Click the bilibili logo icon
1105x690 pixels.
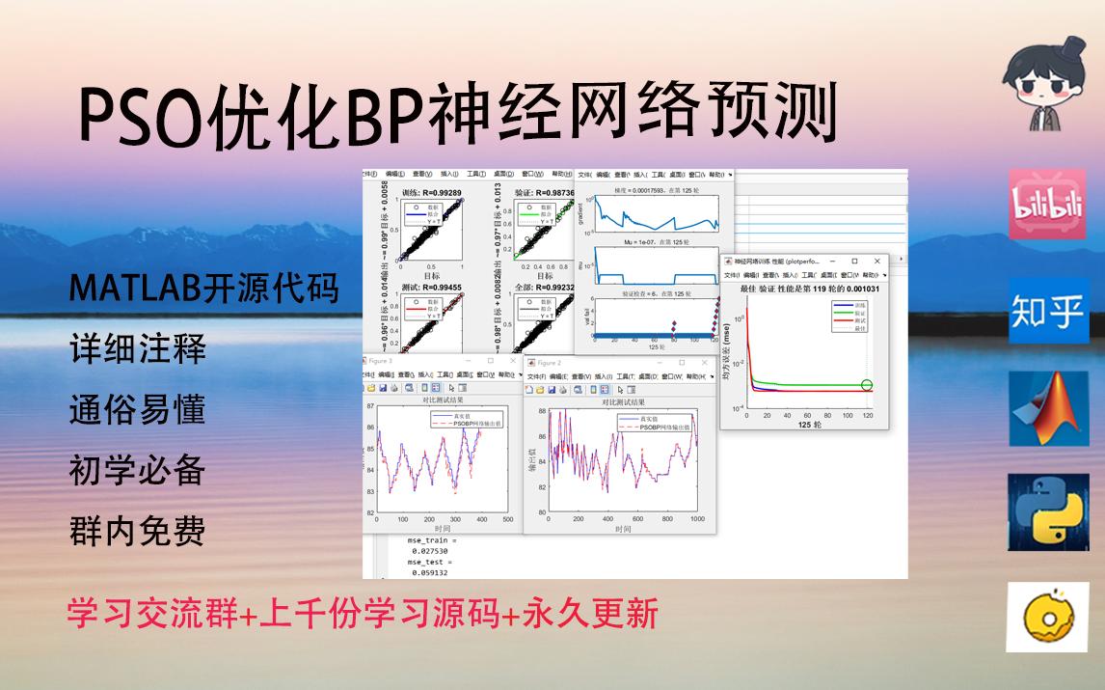tap(1047, 205)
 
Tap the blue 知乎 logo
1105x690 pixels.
tap(1048, 311)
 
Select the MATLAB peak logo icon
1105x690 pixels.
tap(1048, 410)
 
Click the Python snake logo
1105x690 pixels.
tap(1048, 511)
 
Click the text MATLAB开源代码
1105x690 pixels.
tap(204, 289)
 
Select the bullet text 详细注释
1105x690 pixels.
tap(138, 348)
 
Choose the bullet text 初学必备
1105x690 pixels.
tap(138, 470)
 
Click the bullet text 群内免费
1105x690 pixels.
tap(138, 531)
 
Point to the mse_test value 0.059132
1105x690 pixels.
tap(429, 572)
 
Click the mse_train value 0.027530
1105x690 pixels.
tap(429, 551)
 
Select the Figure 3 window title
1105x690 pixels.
tap(381, 360)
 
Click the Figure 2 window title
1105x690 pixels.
tap(549, 363)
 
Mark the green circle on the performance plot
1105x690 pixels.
tap(867, 386)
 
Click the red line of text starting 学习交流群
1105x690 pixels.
tap(363, 614)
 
